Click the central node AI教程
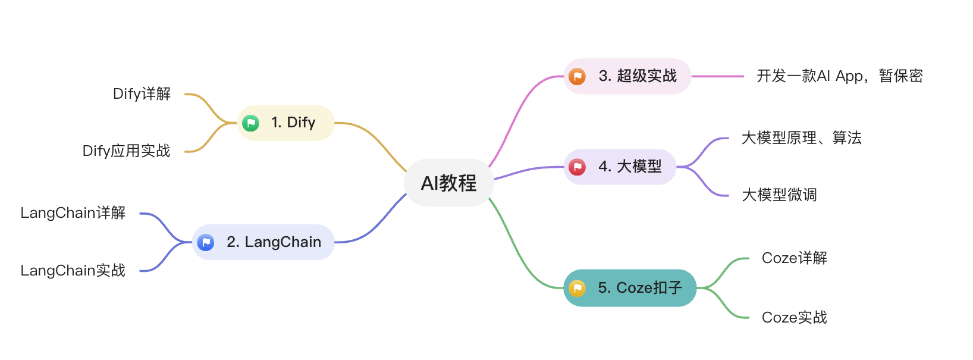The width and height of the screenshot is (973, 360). [449, 183]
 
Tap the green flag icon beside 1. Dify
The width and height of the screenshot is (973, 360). [250, 123]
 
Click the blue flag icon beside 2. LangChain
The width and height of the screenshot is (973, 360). [206, 242]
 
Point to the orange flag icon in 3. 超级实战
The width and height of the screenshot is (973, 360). [577, 77]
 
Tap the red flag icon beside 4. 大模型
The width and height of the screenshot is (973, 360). [577, 167]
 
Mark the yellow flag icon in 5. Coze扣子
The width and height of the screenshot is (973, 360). [577, 289]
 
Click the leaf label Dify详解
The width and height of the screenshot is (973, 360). [142, 94]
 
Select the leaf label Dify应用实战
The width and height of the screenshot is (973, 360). [126, 151]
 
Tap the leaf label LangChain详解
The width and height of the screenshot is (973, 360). [73, 213]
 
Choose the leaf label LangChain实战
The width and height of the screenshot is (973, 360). [73, 271]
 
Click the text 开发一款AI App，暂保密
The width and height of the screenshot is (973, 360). [839, 76]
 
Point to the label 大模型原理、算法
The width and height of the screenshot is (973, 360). [801, 138]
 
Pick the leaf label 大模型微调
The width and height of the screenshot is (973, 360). [779, 195]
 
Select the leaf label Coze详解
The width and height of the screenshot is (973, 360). [794, 258]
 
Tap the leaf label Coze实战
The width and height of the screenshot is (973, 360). [794, 318]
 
